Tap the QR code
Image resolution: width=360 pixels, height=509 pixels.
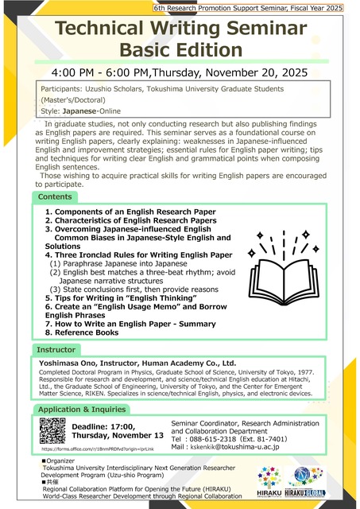click(x=52, y=431)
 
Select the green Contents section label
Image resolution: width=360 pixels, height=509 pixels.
click(x=55, y=196)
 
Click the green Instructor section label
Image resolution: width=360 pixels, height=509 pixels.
click(x=56, y=349)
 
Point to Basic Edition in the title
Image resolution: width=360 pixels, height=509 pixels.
click(x=180, y=51)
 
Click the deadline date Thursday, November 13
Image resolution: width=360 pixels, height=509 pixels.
click(x=115, y=435)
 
